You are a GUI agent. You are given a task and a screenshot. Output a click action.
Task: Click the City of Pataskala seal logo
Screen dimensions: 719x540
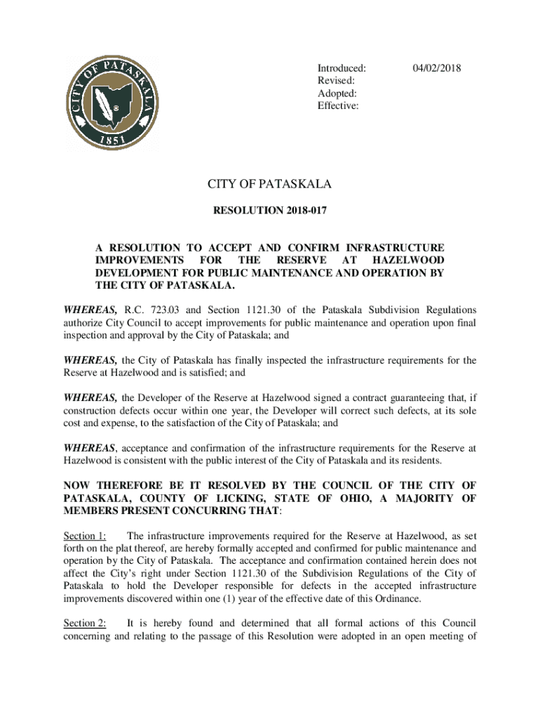pos(112,100)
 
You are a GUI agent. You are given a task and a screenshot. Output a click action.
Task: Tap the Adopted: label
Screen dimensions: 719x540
pos(337,93)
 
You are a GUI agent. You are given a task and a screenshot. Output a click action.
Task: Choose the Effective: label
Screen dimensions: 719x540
pos(338,106)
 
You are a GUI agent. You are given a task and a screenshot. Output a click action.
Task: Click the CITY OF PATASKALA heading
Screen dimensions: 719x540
pos(269,185)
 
